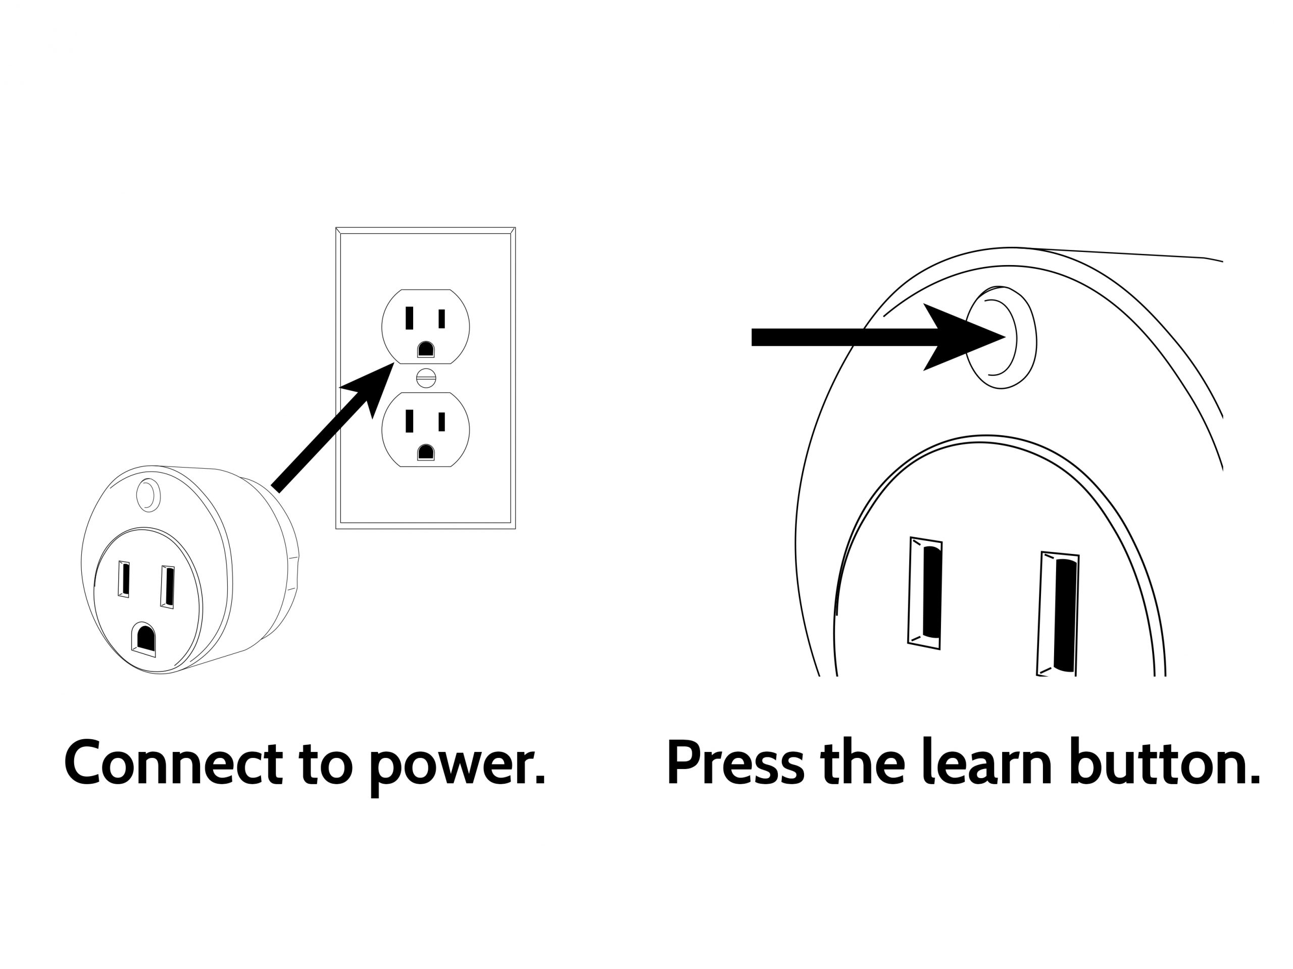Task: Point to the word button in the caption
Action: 1164,763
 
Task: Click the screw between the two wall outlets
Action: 426,378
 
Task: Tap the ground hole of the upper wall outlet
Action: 426,349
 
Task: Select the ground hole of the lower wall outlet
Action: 426,452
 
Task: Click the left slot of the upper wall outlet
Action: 409,318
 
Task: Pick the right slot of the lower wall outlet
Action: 442,421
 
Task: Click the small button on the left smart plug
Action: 148,495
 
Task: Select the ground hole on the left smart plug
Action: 144,639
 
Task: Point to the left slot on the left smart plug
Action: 123,579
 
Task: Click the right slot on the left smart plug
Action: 168,587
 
